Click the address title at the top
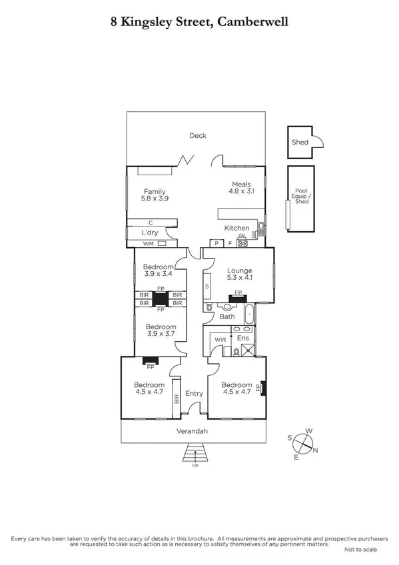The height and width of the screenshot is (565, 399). [199, 22]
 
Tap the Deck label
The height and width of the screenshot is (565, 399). [198, 136]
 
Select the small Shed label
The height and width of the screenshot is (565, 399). [300, 143]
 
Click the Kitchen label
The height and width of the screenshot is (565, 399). [236, 229]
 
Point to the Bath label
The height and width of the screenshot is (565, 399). [227, 317]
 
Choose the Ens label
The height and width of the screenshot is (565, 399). [243, 338]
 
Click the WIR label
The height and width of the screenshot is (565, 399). [220, 340]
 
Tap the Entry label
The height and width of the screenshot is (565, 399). [194, 394]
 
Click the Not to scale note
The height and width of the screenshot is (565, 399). [360, 550]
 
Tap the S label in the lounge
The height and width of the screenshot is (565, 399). [207, 286]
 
